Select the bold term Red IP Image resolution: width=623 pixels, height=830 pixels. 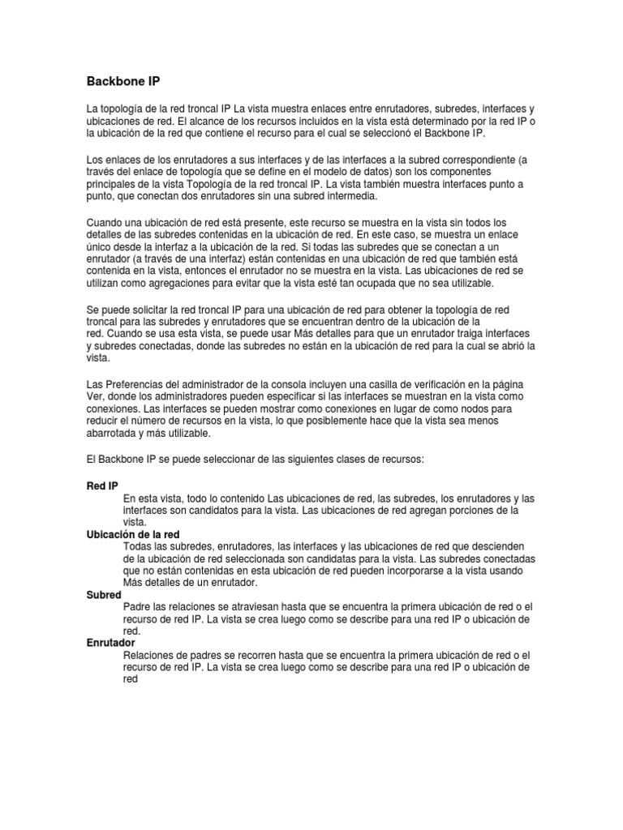tap(101, 486)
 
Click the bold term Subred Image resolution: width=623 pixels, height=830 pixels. tap(104, 595)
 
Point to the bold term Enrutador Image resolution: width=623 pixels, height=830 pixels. tap(110, 643)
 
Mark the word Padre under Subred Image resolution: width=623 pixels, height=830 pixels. tap(137, 607)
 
